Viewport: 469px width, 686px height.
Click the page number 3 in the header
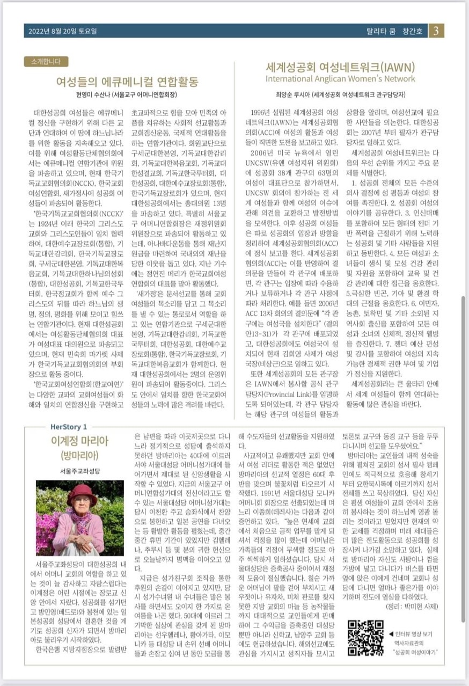coord(436,31)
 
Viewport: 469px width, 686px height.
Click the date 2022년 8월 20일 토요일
coord(63,31)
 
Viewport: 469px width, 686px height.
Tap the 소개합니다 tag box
coord(46,62)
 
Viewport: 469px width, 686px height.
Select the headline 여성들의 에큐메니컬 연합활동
coord(127,82)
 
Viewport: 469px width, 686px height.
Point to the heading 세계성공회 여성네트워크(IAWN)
coord(341,68)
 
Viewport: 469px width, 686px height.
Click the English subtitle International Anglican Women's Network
coord(340,79)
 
